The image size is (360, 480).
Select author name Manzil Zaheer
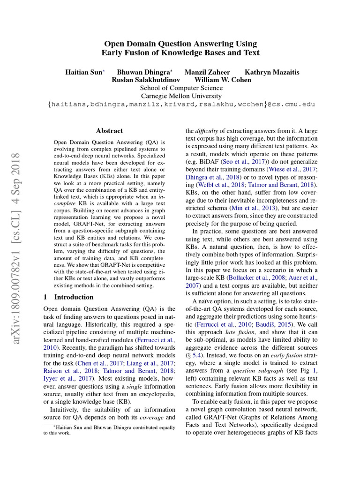[x=207, y=72]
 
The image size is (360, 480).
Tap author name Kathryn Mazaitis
[x=272, y=72]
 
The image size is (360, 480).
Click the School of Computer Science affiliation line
[x=181, y=88]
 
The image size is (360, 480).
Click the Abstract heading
[x=109, y=131]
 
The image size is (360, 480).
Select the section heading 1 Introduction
[x=68, y=297]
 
